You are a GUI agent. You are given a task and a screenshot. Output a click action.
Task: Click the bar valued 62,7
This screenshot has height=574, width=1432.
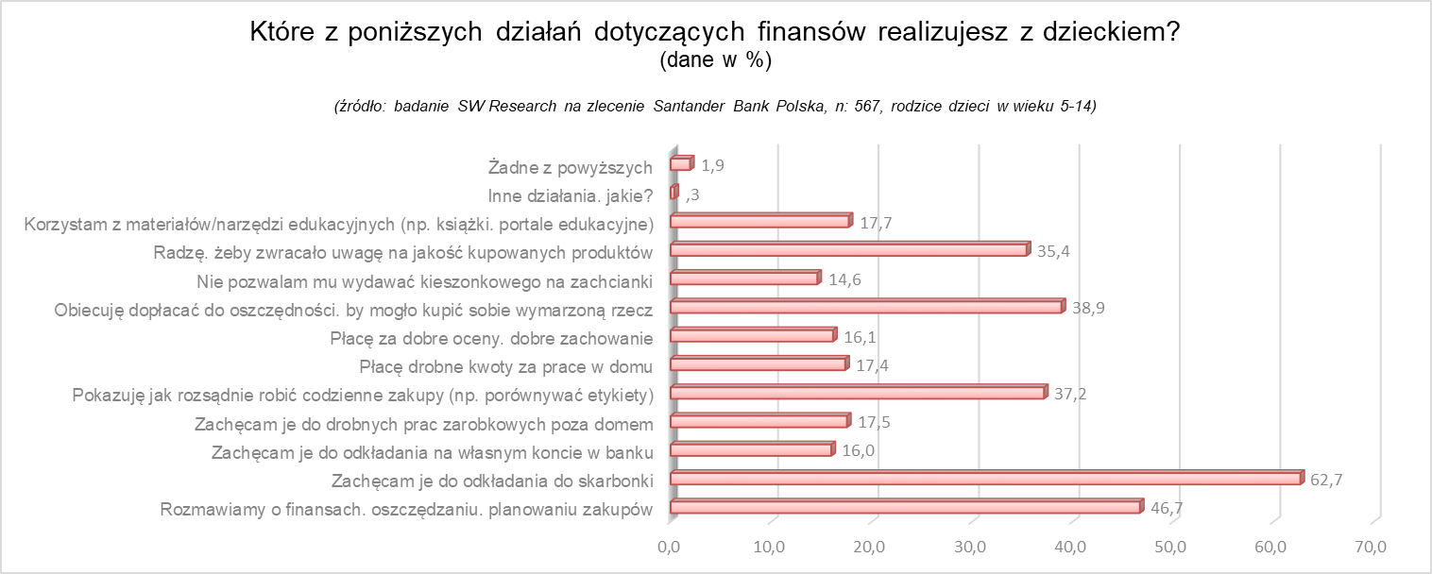pos(985,479)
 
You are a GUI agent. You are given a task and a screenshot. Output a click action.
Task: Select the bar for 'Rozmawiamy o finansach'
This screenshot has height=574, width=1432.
pos(905,508)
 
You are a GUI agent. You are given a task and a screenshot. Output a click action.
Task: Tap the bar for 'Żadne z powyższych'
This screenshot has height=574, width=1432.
pos(681,164)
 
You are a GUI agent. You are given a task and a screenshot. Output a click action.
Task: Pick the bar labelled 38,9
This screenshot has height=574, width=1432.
pos(866,307)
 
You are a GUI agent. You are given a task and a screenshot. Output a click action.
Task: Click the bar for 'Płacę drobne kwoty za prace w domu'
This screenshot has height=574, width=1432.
pos(759,364)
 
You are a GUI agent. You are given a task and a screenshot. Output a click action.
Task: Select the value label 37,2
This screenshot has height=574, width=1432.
pos(1070,394)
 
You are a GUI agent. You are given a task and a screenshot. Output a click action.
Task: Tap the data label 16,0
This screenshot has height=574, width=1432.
pos(859,450)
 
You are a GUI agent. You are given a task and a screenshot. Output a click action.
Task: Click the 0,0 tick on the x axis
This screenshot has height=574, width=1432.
pos(669,546)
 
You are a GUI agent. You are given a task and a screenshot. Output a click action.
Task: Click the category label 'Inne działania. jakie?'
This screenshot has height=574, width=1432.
pos(571,196)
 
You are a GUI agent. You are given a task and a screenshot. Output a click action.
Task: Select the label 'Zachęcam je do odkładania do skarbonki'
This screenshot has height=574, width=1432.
pos(492,481)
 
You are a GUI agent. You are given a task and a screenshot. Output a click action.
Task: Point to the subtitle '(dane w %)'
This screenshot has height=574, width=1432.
pos(716,60)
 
